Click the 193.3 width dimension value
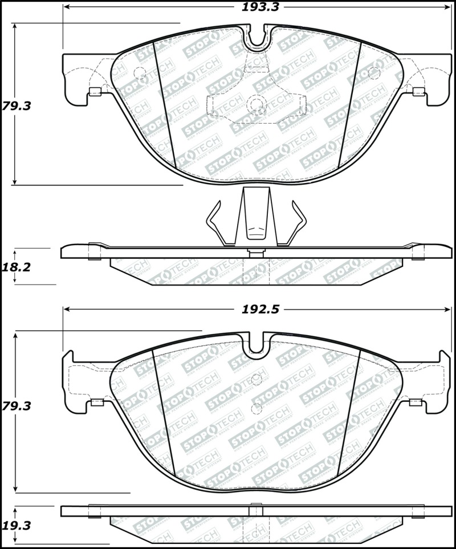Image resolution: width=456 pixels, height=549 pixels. click(256, 7)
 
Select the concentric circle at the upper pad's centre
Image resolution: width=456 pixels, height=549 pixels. click(256, 104)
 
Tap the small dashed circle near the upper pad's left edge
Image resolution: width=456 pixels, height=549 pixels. click(139, 73)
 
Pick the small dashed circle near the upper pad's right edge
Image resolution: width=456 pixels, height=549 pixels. click(374, 73)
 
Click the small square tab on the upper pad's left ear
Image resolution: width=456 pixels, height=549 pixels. click(95, 92)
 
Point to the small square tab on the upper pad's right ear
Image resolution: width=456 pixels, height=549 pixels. click(418, 91)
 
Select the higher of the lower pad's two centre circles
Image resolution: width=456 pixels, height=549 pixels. click(256, 378)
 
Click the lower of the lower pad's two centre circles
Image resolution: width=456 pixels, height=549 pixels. click(256, 408)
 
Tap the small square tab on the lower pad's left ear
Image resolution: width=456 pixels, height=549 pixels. click(95, 402)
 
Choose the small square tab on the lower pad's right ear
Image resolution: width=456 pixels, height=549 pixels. click(416, 402)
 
